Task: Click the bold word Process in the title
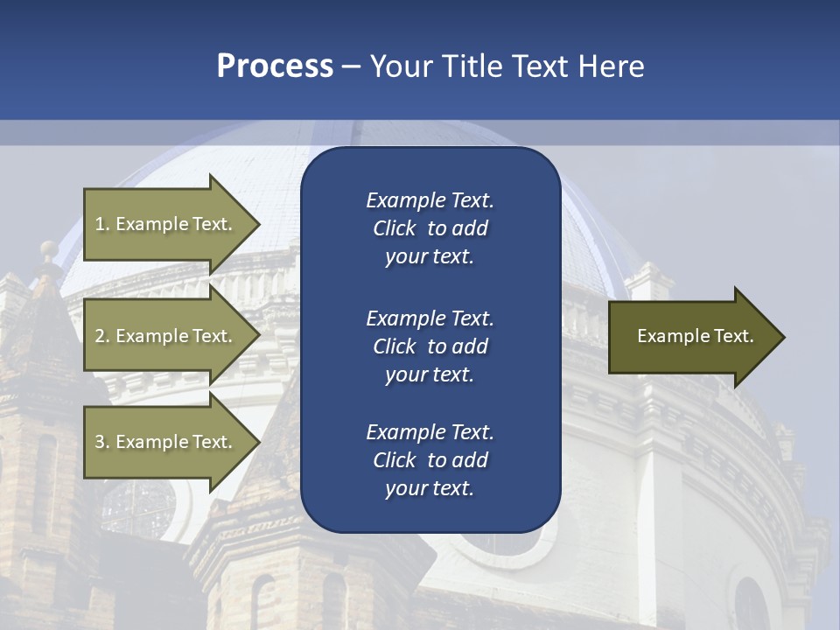[275, 66]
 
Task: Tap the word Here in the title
[610, 66]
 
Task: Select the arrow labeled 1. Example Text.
[166, 224]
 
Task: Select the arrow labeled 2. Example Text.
[166, 336]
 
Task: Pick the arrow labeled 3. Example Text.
[166, 442]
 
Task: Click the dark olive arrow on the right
[691, 337]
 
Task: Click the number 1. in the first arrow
[102, 224]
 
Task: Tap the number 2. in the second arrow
[102, 336]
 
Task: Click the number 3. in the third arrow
[102, 442]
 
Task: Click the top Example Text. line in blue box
[430, 200]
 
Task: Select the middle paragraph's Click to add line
[430, 346]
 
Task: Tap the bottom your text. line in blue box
[430, 488]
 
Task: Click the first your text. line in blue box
[430, 256]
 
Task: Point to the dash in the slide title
[351, 66]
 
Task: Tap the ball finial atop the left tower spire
[49, 248]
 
